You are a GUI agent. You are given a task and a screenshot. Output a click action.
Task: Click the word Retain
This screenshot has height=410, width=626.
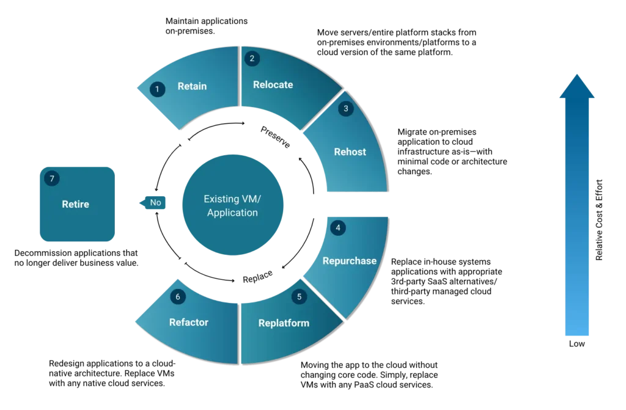(x=192, y=86)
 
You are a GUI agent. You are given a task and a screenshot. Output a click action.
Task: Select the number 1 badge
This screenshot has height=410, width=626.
(x=157, y=89)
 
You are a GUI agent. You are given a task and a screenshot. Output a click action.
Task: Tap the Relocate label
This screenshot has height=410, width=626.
(x=273, y=84)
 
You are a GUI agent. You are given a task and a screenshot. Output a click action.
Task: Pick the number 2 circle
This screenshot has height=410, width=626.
(x=251, y=59)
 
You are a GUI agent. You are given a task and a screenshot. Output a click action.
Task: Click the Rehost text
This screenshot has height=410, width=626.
(x=350, y=152)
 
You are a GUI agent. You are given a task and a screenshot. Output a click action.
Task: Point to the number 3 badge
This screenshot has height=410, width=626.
(x=345, y=109)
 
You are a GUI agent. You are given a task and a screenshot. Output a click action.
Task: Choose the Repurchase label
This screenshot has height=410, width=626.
(x=349, y=260)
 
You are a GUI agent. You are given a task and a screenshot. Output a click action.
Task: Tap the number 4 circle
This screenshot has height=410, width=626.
(x=337, y=228)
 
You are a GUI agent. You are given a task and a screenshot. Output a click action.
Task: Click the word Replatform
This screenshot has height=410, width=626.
(x=284, y=323)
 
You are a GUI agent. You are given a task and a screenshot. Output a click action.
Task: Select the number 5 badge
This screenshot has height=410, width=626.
(x=299, y=297)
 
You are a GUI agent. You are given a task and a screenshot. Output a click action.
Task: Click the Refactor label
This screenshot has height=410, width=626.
(x=189, y=322)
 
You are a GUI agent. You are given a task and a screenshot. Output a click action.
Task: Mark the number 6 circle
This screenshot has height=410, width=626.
(x=178, y=297)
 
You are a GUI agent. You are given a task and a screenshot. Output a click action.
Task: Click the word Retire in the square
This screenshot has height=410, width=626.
(x=75, y=204)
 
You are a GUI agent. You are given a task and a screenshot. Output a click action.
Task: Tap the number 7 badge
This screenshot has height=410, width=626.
(x=52, y=179)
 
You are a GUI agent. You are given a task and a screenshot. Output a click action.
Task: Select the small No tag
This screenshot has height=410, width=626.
(x=154, y=202)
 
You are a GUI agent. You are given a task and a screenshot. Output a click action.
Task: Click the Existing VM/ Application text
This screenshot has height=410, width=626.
(x=232, y=206)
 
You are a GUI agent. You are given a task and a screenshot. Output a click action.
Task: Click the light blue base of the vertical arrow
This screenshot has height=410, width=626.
(x=576, y=327)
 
